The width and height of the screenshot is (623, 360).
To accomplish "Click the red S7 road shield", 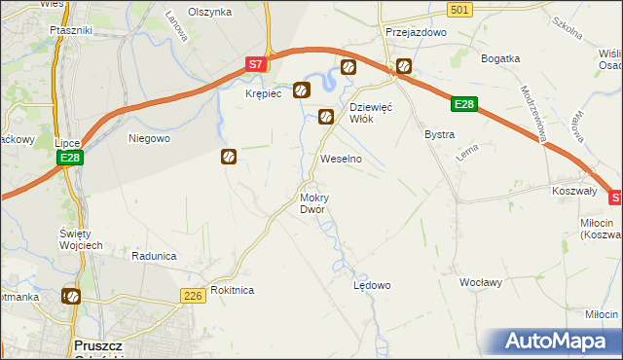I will (255, 64).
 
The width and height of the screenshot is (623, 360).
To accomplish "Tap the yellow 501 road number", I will (461, 9).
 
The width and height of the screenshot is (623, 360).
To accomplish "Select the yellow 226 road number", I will (192, 294).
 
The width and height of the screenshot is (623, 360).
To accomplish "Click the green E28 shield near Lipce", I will (68, 158).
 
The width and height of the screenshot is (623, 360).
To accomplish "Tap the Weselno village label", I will (342, 158).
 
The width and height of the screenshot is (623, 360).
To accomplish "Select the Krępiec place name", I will (263, 93).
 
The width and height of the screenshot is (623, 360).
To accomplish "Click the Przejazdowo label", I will (415, 31).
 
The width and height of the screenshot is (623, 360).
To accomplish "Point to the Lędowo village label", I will (371, 285).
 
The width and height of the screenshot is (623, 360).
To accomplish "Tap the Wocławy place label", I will (481, 282).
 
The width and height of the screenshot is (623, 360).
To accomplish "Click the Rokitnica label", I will (232, 290).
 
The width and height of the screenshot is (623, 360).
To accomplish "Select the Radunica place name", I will (154, 256).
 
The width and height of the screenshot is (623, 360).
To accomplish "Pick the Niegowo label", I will (150, 138).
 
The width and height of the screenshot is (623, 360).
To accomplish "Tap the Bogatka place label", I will (502, 58).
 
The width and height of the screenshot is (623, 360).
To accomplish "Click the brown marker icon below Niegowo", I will (228, 156).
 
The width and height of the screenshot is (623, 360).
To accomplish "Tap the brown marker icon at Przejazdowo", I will (403, 67).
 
